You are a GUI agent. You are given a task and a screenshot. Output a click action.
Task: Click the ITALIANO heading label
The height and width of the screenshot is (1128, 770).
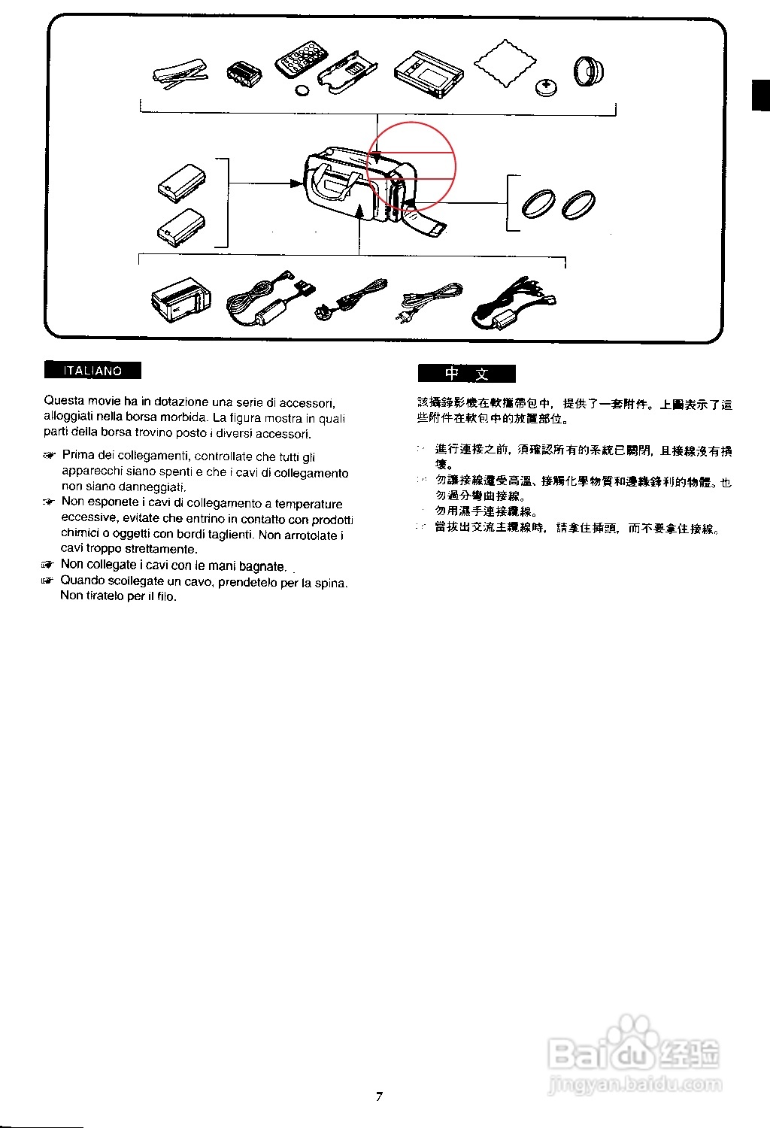92,371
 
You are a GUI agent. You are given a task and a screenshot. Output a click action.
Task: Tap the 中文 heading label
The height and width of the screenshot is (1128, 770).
467,374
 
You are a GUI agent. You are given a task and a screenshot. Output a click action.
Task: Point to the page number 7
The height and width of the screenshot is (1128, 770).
379,1096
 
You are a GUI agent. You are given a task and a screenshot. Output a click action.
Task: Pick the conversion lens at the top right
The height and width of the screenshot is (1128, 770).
589,71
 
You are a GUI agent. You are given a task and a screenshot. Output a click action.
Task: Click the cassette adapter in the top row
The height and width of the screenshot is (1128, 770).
429,74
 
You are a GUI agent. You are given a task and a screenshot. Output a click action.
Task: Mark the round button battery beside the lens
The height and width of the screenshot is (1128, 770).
547,87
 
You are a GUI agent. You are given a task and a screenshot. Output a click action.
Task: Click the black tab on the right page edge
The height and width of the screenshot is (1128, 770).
760,95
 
